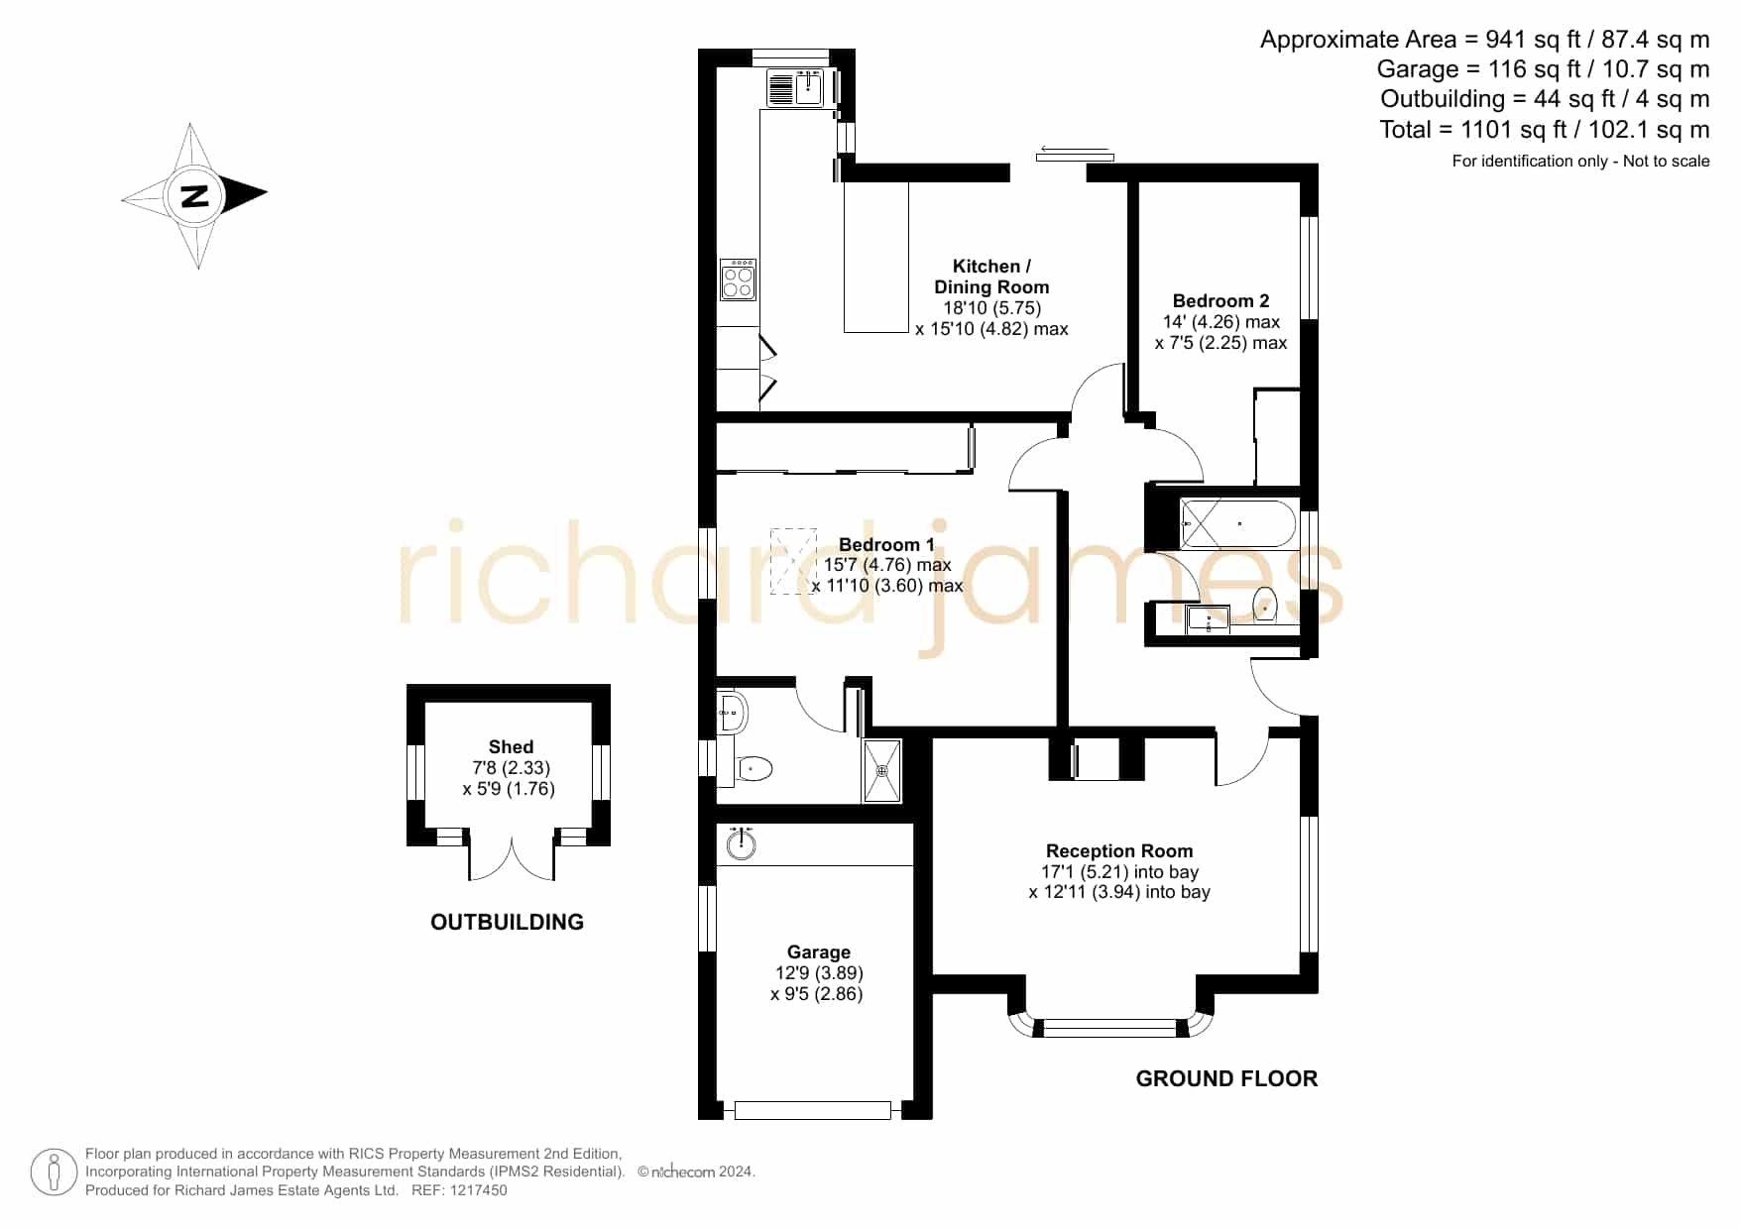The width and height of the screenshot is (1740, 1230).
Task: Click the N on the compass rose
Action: (x=195, y=195)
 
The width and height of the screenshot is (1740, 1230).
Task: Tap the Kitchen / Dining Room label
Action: (x=991, y=277)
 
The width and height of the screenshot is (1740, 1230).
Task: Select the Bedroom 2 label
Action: (x=1220, y=300)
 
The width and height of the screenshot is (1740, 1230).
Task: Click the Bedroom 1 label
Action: (x=886, y=544)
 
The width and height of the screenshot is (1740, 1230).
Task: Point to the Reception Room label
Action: (x=1119, y=850)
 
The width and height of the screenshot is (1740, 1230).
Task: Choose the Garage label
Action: (x=819, y=951)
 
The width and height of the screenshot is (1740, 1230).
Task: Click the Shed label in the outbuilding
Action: (x=511, y=746)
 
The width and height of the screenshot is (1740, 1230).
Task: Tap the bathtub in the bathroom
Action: (x=1238, y=523)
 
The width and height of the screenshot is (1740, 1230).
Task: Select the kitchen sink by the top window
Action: (x=796, y=87)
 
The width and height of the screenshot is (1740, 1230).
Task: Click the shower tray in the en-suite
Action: (x=881, y=770)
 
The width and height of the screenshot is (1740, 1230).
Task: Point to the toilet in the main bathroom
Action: (x=1265, y=603)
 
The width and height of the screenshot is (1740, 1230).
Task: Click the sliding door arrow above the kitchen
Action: (x=1075, y=151)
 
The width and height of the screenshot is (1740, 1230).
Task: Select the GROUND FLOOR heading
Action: (x=1226, y=1078)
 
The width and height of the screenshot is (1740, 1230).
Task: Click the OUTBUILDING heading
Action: (x=507, y=922)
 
